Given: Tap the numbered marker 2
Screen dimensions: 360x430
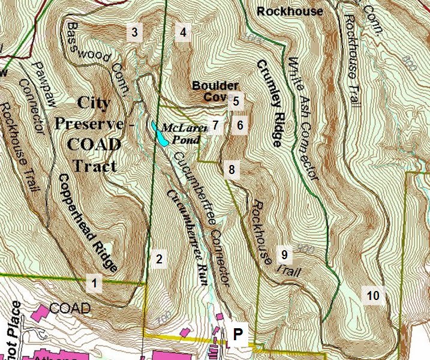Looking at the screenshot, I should (158, 259).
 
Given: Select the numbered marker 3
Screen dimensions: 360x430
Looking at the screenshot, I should (135, 32).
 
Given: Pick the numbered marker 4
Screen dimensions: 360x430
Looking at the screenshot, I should (183, 32).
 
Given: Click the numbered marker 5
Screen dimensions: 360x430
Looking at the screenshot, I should (236, 101).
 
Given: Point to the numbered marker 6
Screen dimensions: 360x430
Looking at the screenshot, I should (239, 125).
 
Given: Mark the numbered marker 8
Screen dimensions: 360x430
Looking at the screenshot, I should (231, 169).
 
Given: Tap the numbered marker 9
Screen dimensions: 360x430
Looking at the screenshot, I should (284, 255).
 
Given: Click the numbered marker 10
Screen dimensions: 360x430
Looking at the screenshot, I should (373, 295).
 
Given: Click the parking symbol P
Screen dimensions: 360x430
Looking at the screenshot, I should (238, 335).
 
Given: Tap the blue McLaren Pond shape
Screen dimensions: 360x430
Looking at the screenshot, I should (160, 134).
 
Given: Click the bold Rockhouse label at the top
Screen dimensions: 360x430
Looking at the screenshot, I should (289, 11).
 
